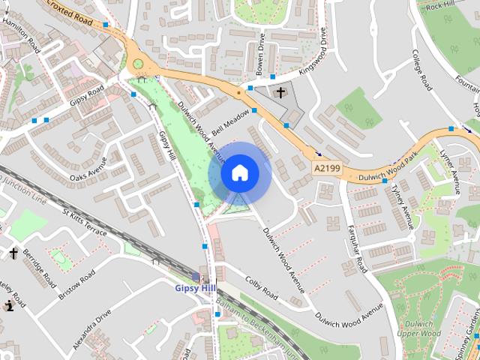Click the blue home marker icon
click(x=239, y=173)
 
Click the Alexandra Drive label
click(x=92, y=328)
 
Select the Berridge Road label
click(x=39, y=268)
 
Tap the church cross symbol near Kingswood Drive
click(x=280, y=93)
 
